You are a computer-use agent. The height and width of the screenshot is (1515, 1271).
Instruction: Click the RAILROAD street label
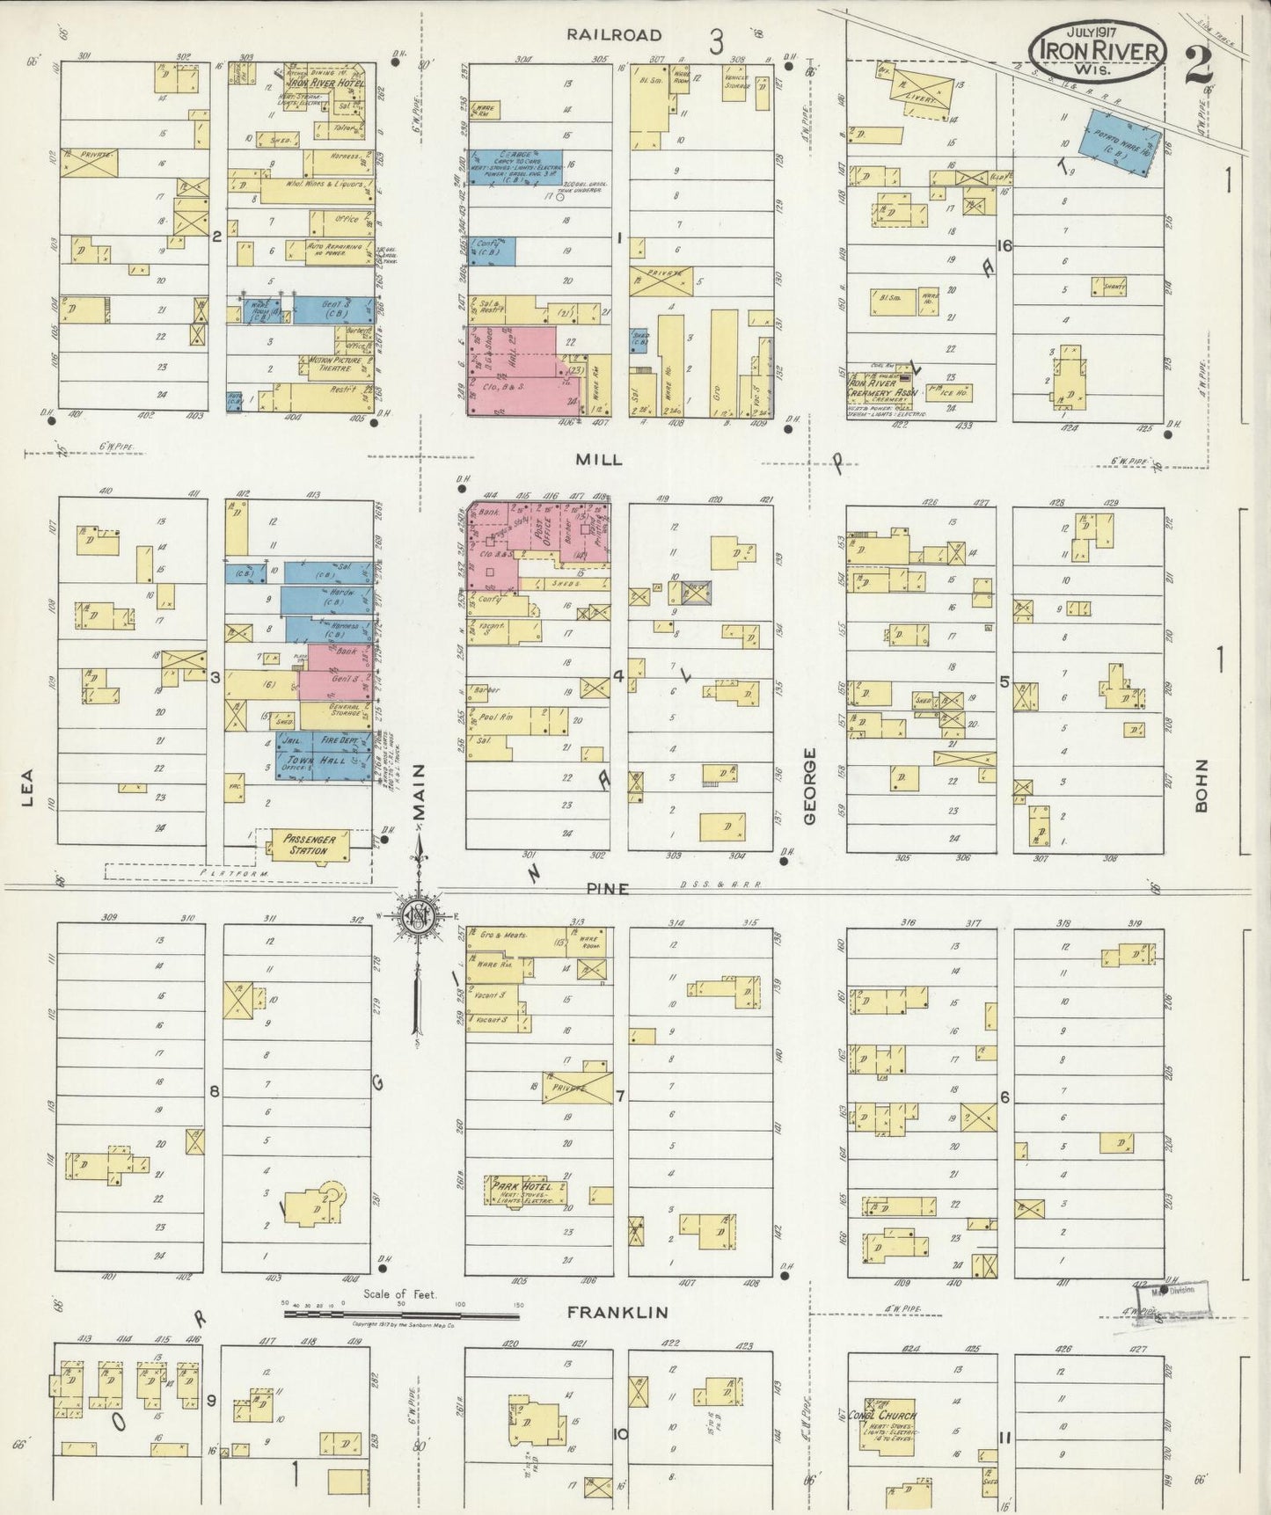coord(614,35)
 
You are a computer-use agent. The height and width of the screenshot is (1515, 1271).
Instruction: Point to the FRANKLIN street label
coord(617,1312)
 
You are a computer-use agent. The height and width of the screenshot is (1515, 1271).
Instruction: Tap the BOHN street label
coord(1202,786)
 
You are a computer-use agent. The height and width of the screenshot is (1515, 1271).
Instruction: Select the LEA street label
coord(27,788)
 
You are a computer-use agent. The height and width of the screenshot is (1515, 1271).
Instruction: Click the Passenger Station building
coord(308,845)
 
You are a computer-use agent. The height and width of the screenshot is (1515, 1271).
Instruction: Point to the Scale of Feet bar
coord(401,1313)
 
